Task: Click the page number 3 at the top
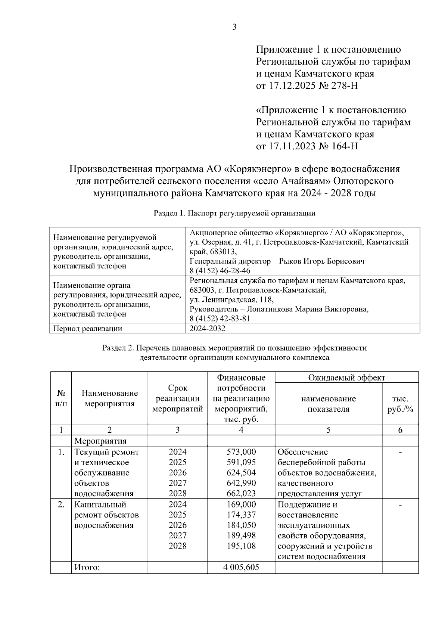(x=234, y=27)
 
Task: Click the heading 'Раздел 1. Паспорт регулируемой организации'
(x=234, y=213)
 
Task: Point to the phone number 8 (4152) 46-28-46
(x=220, y=271)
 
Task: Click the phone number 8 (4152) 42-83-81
(x=220, y=318)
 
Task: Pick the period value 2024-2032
(x=207, y=329)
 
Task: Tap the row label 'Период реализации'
(x=88, y=329)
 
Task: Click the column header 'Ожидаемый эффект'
(x=346, y=377)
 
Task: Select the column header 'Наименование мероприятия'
(x=109, y=398)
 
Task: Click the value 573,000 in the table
(x=241, y=452)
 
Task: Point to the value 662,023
(x=241, y=494)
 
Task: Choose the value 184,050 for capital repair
(x=241, y=525)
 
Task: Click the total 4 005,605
(x=241, y=568)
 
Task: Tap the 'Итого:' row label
(x=87, y=568)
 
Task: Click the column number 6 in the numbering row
(x=400, y=430)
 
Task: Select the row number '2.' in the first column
(x=61, y=505)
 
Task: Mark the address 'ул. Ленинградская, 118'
(x=231, y=299)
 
